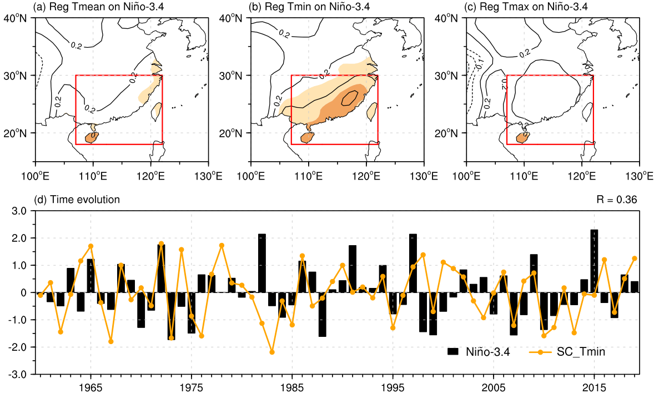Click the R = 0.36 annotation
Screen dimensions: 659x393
617,199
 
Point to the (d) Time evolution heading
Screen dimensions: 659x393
77,199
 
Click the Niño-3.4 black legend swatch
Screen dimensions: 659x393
453,351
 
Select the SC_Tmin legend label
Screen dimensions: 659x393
581,352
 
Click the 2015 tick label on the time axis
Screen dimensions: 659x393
594,387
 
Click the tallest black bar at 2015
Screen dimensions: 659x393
594,261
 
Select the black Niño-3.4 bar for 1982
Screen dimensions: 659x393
262,263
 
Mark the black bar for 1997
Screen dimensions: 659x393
412,263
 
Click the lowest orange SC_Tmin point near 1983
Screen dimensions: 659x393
272,352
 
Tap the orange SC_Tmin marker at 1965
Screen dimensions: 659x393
91,246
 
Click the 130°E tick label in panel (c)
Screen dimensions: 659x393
638,176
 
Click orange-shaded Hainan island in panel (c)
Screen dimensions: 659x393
521,138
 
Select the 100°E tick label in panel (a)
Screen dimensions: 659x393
36,176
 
